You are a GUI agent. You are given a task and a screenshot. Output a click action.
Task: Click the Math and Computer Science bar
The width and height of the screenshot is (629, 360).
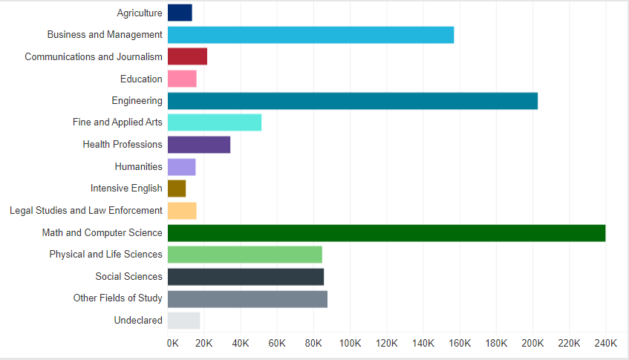[386, 233]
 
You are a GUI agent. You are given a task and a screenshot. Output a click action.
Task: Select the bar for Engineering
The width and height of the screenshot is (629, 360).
[353, 101]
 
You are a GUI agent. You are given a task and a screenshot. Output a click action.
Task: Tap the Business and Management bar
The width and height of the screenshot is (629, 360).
[310, 35]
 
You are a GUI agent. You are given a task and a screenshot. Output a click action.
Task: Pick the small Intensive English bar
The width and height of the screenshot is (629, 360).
[177, 189]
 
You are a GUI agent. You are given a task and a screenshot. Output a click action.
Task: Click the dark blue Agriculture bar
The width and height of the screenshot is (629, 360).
[180, 13]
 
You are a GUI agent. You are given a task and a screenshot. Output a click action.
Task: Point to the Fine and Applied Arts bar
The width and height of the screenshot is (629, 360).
[215, 122]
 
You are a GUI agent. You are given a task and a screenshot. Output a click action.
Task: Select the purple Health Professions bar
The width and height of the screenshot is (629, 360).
[199, 145]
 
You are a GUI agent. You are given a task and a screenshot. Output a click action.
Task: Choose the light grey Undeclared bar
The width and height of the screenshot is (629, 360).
[184, 321]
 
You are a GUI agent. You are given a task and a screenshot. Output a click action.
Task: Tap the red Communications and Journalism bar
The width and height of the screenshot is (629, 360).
[187, 56]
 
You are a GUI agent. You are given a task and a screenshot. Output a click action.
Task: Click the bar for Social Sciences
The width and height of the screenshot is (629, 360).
[246, 277]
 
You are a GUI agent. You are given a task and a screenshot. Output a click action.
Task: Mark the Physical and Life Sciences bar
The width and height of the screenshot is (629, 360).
[245, 255]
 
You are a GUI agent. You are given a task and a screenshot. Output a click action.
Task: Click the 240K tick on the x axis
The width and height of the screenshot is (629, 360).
[606, 344]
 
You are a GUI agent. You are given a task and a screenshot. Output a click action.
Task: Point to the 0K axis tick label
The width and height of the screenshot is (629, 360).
[173, 344]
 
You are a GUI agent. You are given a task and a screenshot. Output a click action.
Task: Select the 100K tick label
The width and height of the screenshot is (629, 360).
[350, 344]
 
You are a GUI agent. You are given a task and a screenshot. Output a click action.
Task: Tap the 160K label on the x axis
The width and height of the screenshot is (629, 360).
[460, 344]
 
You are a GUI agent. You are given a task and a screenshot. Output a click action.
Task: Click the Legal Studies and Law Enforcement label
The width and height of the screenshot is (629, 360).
[86, 211]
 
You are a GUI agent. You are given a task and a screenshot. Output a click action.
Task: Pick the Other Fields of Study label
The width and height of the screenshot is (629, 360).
[117, 298]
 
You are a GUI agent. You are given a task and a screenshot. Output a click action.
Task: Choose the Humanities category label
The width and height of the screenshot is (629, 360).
[138, 167]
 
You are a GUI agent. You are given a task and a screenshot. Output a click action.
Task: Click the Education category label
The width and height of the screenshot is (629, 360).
[141, 79]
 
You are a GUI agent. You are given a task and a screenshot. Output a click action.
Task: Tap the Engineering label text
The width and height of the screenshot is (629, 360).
[137, 101]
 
